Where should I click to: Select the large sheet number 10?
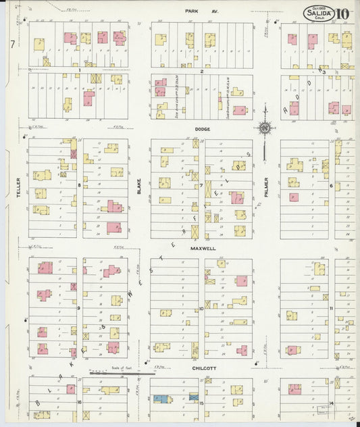(343, 14)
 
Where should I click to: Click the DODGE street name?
(203, 128)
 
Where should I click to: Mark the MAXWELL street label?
(202, 248)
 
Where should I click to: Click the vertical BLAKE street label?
(139, 186)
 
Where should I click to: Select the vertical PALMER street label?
(267, 187)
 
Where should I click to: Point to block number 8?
(80, 184)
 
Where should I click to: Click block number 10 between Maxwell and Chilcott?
(202, 308)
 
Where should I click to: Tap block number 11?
(332, 308)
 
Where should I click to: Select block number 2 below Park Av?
(202, 70)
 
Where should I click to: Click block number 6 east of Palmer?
(332, 184)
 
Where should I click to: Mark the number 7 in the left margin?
(12, 44)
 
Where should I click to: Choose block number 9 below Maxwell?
(80, 308)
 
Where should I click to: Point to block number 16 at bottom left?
(80, 402)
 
